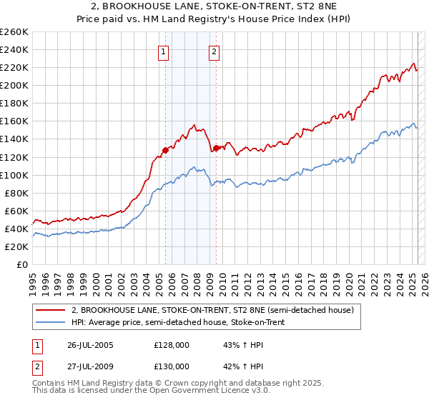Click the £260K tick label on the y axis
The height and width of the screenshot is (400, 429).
pos(14,32)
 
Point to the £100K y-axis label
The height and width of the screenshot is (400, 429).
pos(14,175)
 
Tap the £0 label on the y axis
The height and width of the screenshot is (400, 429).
pos(22,264)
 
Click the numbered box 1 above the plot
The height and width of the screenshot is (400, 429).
pos(164,51)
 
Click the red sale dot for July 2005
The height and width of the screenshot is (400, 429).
pos(165,150)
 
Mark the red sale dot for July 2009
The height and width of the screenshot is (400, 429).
pos(216,148)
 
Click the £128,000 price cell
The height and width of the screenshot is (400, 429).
pos(172,344)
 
